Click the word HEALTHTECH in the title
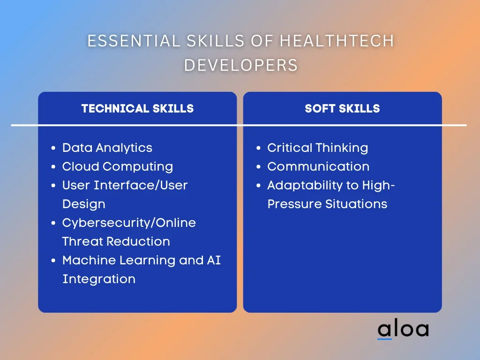pyautogui.click(x=337, y=41)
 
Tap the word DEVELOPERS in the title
pyautogui.click(x=241, y=65)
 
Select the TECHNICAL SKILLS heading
pyautogui.click(x=137, y=109)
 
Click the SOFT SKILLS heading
pyautogui.click(x=342, y=109)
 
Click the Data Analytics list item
pyautogui.click(x=107, y=148)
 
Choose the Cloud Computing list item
pyautogui.click(x=118, y=167)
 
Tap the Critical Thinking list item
pyautogui.click(x=317, y=148)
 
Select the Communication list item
pyautogui.click(x=318, y=166)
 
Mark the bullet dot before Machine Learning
pyautogui.click(x=53, y=261)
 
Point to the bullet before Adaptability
pyautogui.click(x=259, y=186)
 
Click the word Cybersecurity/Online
pyautogui.click(x=129, y=223)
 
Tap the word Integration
pyautogui.click(x=99, y=279)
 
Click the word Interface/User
pyautogui.click(x=141, y=185)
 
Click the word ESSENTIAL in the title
pyautogui.click(x=134, y=41)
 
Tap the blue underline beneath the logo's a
pyautogui.click(x=384, y=338)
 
